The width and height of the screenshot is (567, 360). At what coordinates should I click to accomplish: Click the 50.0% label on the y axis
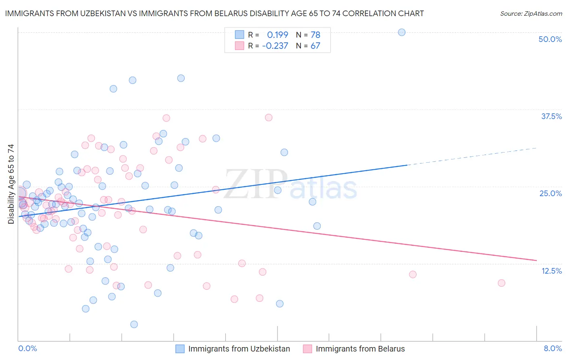(550, 39)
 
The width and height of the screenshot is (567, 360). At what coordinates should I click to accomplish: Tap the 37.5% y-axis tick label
(551, 116)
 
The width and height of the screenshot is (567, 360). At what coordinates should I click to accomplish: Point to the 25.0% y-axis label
(550, 193)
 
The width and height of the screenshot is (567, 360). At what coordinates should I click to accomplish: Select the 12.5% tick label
(551, 271)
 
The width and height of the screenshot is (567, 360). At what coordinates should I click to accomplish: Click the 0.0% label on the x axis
(27, 348)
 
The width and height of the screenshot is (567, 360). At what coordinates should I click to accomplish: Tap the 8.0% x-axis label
(552, 348)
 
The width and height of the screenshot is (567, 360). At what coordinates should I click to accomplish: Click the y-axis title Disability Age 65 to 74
(11, 184)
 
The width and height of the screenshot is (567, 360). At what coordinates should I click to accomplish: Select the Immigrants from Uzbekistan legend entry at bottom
(239, 349)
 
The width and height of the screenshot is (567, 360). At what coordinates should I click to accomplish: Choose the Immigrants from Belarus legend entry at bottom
(360, 349)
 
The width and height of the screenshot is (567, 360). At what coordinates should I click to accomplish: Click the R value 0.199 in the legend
(277, 35)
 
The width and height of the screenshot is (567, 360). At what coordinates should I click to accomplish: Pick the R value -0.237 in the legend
(275, 46)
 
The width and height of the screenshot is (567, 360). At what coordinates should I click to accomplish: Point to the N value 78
(315, 35)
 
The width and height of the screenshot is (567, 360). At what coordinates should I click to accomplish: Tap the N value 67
(315, 46)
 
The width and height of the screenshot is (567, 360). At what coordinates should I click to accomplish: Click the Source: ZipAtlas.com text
(531, 13)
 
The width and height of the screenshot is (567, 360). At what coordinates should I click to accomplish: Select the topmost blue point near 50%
(402, 32)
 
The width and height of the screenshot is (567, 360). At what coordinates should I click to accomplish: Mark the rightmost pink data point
(501, 283)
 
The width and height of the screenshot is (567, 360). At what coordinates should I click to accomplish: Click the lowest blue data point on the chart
(134, 324)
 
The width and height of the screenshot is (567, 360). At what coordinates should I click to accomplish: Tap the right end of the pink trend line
(536, 260)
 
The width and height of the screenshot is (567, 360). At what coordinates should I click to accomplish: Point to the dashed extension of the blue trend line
(472, 157)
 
